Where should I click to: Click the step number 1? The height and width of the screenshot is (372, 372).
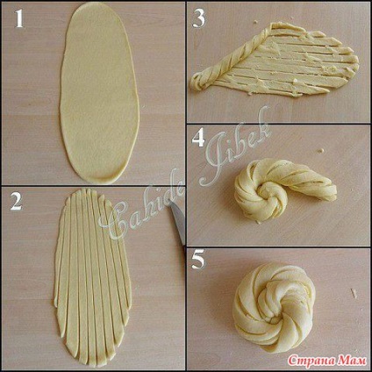pyautogui.click(x=19, y=19)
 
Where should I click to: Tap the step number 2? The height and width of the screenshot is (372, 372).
pyautogui.click(x=17, y=202)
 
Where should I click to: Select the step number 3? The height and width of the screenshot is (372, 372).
pyautogui.click(x=198, y=19)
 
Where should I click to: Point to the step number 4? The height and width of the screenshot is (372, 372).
pyautogui.click(x=198, y=139)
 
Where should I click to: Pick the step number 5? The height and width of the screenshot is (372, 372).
pyautogui.click(x=198, y=260)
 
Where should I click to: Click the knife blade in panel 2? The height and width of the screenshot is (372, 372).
pyautogui.click(x=178, y=221)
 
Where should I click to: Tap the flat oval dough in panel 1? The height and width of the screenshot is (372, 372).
pyautogui.click(x=99, y=92)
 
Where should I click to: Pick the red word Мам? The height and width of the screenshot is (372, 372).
pyautogui.click(x=352, y=361)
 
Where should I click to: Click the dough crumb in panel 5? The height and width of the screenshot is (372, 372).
pyautogui.click(x=354, y=293)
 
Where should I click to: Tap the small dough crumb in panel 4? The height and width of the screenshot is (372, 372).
pyautogui.click(x=321, y=151)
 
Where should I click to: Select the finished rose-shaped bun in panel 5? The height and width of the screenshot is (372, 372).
pyautogui.click(x=274, y=309)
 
